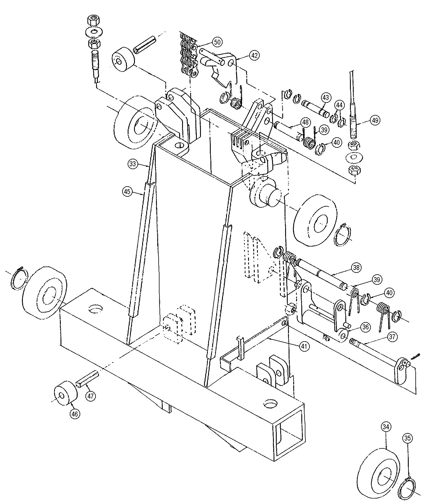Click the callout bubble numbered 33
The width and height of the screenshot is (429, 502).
(x=132, y=164)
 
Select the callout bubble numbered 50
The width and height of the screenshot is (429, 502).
(x=217, y=42)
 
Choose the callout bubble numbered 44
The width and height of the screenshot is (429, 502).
(x=340, y=105)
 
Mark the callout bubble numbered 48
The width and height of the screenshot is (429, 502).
(x=305, y=123)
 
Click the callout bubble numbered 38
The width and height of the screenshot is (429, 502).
(x=356, y=267)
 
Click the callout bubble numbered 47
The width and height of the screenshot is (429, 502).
(x=91, y=396)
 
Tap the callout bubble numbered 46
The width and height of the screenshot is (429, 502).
(x=75, y=414)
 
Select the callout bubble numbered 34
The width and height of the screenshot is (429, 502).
(x=387, y=427)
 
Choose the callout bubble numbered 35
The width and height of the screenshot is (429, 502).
(x=407, y=438)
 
